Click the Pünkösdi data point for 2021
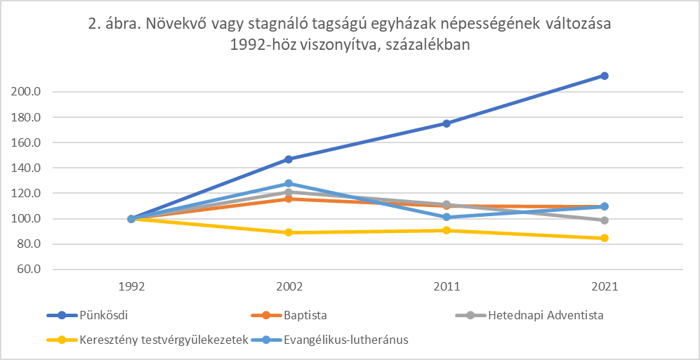(604, 76)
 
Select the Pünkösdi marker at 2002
(289, 159)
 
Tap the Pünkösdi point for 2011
(447, 124)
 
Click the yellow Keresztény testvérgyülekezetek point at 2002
(289, 232)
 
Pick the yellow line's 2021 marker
(604, 238)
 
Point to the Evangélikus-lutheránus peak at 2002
(289, 184)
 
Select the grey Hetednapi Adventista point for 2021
(604, 220)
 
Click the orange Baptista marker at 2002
(289, 199)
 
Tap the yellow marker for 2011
(447, 230)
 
